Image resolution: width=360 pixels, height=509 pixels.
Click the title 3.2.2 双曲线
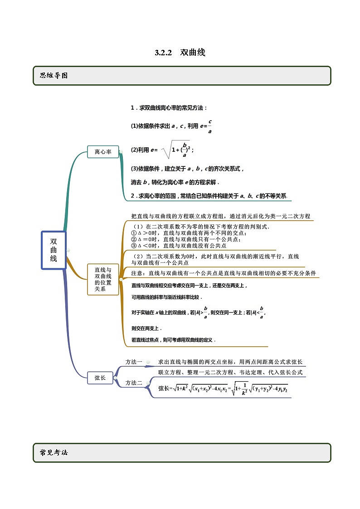click(180, 53)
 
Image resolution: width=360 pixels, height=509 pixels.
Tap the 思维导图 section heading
click(54, 76)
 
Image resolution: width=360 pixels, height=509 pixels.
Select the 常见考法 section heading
click(54, 452)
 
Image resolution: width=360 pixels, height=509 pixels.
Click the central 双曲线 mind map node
click(54, 250)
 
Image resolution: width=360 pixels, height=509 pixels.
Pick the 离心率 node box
click(103, 152)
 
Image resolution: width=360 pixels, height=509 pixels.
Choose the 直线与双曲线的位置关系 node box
click(103, 279)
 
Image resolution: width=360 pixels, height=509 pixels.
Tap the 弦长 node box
click(100, 377)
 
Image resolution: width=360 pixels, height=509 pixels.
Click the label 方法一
click(134, 362)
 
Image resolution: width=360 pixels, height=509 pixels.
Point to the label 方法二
click(134, 383)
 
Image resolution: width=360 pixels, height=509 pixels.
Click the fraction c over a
click(210, 127)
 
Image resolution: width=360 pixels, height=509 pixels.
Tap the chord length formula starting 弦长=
click(223, 388)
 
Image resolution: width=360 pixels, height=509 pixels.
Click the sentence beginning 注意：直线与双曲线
click(224, 273)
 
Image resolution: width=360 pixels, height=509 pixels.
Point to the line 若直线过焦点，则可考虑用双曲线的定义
click(174, 339)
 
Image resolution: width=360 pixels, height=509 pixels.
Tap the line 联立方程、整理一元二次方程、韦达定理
click(230, 373)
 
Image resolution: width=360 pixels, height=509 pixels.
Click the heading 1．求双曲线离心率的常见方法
click(169, 108)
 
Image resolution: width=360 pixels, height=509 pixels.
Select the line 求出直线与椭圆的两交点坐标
click(230, 362)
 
